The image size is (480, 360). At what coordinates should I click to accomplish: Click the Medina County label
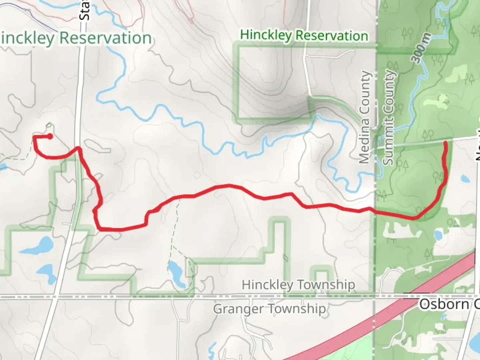tap(365, 117)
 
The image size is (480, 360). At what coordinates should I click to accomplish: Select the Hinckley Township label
tap(298, 285)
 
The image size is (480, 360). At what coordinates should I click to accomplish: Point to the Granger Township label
tap(269, 309)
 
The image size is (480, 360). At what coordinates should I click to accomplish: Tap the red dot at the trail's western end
tap(50, 136)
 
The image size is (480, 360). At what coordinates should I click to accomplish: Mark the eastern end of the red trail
tap(446, 143)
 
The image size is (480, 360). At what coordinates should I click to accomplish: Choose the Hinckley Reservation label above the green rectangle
tap(304, 35)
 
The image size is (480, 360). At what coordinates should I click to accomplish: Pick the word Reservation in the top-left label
tap(105, 38)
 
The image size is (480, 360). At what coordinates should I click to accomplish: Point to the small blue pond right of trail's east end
tap(465, 179)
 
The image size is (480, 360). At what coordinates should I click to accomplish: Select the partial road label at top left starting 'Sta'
tap(85, 10)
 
